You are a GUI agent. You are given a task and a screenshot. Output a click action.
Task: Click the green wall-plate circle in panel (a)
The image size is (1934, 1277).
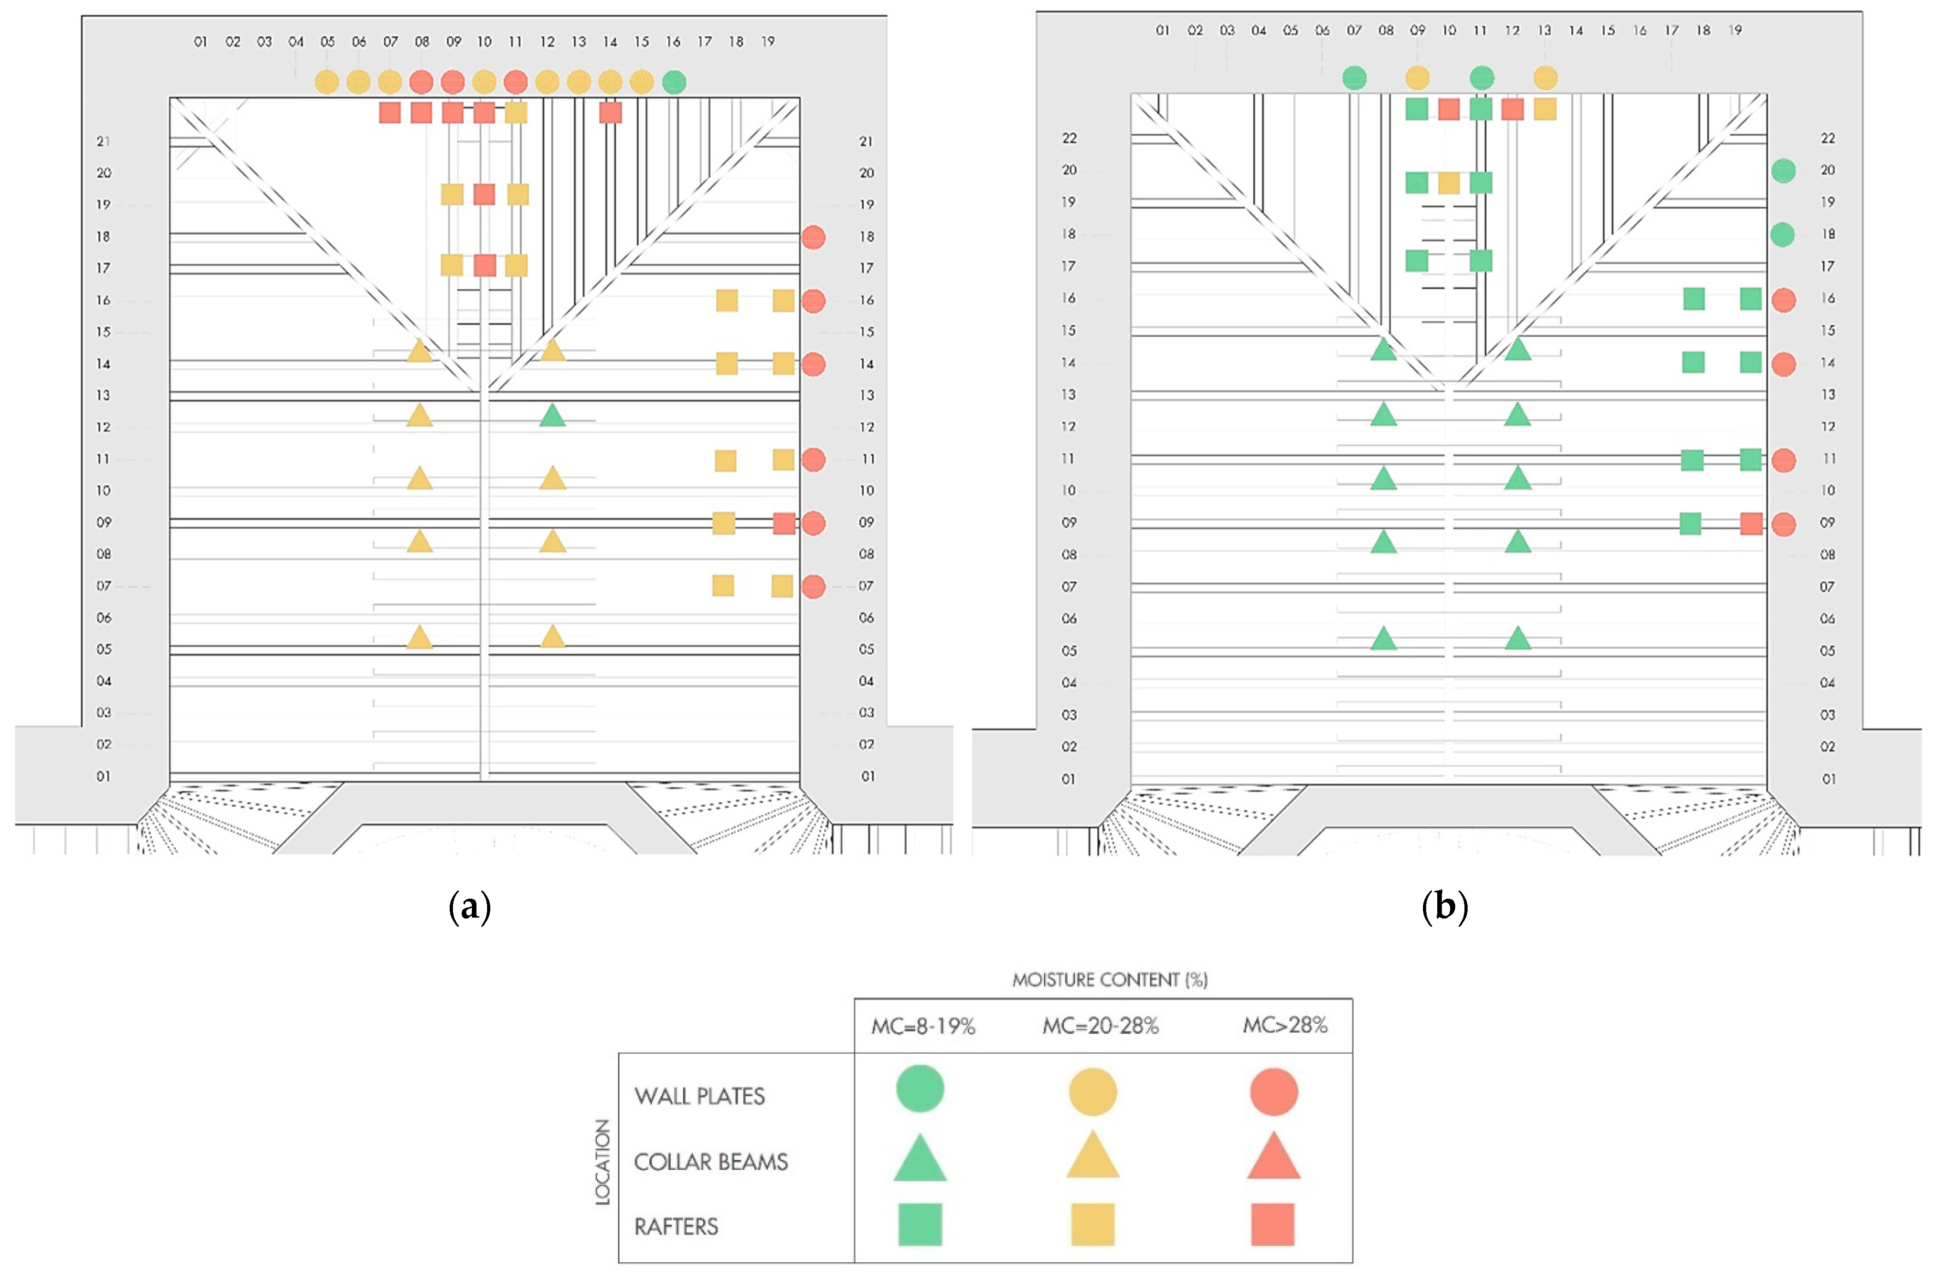coord(673,82)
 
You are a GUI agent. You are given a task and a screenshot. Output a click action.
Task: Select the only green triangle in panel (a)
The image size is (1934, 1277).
coord(552,415)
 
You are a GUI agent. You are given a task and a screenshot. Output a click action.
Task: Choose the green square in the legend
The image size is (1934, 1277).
coord(919,1224)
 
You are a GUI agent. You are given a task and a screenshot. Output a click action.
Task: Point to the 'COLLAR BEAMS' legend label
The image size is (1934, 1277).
coord(711,1161)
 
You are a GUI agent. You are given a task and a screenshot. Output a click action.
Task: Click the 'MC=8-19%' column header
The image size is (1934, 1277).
coord(922,1026)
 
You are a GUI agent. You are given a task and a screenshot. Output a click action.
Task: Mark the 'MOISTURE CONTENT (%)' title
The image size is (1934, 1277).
coord(1109,979)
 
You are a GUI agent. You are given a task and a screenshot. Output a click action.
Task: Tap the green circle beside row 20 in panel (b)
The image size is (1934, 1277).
coord(1783,170)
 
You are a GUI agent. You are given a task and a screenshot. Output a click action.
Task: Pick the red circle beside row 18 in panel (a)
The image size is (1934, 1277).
coord(813,237)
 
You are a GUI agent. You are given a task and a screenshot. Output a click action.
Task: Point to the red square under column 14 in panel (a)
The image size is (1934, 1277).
coord(610,113)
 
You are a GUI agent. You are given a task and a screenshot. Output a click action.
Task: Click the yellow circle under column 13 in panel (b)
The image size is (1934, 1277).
coord(1545,78)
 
